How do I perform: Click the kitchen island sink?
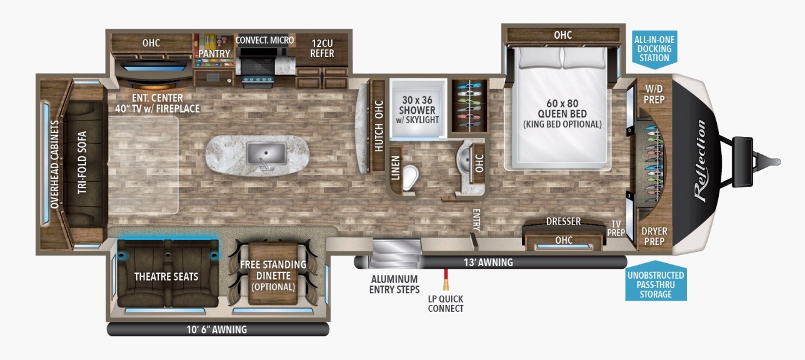click(266, 153)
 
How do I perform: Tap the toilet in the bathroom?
click(410, 177)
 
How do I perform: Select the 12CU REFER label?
click(322, 48)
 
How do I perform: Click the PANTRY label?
click(214, 54)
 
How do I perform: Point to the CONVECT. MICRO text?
click(264, 40)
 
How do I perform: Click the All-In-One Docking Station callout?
click(654, 49)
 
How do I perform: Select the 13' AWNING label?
click(488, 262)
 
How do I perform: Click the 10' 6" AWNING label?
click(217, 329)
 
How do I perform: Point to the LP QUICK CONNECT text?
click(446, 304)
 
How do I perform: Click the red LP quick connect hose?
click(446, 279)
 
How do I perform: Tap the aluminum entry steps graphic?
click(396, 254)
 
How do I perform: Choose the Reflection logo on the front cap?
click(700, 161)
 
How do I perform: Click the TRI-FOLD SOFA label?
click(82, 162)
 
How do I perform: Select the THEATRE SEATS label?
click(166, 277)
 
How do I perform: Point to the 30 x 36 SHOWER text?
click(417, 105)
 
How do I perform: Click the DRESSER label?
click(563, 221)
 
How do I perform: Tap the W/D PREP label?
click(654, 94)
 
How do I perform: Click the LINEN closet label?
click(395, 167)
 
